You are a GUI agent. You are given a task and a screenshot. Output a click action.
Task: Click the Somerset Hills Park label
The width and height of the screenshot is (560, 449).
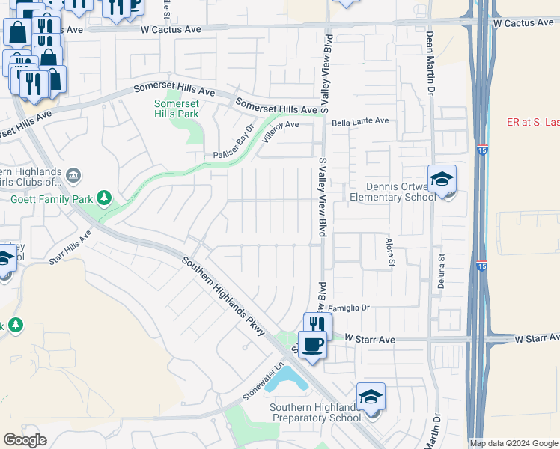(176, 109)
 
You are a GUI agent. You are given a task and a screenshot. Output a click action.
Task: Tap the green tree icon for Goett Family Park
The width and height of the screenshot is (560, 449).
(104, 198)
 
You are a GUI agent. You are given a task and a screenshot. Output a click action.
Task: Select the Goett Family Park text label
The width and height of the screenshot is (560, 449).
(51, 199)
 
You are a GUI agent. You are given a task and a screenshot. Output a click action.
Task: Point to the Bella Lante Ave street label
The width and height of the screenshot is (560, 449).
(361, 121)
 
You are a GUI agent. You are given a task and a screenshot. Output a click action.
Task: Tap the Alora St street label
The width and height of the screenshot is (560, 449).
(389, 252)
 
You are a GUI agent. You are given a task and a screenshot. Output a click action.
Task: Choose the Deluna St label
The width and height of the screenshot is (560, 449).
(442, 271)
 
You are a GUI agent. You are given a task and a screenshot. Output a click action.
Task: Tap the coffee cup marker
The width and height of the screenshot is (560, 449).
(313, 345)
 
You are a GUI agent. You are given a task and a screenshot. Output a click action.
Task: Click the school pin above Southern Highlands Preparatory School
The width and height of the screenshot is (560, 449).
(371, 397)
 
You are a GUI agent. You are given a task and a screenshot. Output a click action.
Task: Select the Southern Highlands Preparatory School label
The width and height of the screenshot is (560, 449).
(315, 412)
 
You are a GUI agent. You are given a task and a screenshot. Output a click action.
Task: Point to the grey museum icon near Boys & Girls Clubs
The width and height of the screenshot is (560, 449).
(73, 176)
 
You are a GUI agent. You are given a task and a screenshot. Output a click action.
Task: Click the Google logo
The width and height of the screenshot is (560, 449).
(25, 440)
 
